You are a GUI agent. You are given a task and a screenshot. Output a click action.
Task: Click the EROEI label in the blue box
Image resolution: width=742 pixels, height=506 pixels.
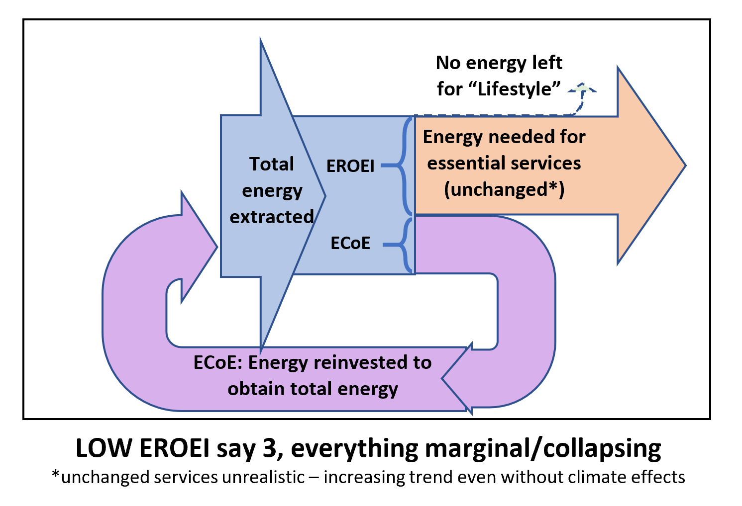pyautogui.click(x=350, y=166)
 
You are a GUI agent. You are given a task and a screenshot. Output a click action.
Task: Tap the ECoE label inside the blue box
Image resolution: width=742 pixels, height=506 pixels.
pyautogui.click(x=350, y=243)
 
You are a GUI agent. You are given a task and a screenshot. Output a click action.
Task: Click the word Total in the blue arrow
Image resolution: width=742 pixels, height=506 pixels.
pyautogui.click(x=272, y=164)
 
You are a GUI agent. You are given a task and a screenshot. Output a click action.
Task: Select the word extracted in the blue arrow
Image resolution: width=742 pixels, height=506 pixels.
pyautogui.click(x=272, y=217)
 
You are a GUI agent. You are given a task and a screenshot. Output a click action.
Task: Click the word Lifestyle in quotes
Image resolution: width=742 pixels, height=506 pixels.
pyautogui.click(x=515, y=89)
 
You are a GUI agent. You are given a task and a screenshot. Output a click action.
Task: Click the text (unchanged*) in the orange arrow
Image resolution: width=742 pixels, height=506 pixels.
pyautogui.click(x=504, y=190)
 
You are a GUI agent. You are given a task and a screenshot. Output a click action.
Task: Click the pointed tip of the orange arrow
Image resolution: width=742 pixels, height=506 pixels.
pyautogui.click(x=685, y=166)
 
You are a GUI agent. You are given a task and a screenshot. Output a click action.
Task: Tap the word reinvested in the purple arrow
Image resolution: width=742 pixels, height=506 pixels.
pyautogui.click(x=361, y=362)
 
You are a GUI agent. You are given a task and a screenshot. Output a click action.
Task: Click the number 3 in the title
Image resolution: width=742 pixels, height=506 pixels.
pyautogui.click(x=269, y=448)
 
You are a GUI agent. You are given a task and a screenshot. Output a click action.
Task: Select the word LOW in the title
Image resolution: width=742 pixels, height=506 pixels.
pyautogui.click(x=104, y=448)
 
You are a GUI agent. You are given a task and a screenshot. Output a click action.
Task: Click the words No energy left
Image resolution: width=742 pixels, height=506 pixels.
pyautogui.click(x=499, y=63)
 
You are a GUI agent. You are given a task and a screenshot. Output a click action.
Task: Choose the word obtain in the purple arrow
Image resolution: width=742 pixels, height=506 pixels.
pyautogui.click(x=256, y=389)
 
